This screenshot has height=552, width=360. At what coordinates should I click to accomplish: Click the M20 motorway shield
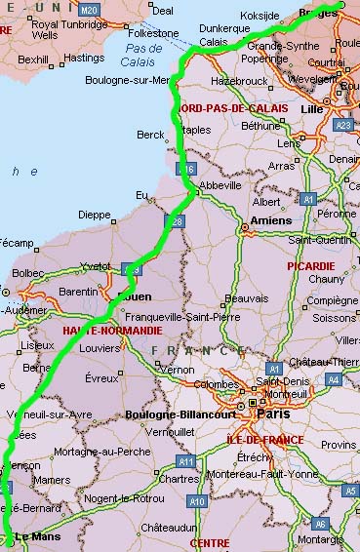[90, 9]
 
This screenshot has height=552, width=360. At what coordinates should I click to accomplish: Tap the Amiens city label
[270, 221]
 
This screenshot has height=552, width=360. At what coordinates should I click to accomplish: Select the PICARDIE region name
[310, 265]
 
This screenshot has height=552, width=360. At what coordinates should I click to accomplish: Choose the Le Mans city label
[40, 535]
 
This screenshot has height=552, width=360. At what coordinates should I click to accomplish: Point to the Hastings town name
[84, 59]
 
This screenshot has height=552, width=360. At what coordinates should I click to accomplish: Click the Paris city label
[272, 413]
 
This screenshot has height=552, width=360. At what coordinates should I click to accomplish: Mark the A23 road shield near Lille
[342, 125]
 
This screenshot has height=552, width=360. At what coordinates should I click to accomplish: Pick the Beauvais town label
[246, 297]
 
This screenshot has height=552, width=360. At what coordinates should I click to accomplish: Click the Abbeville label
[220, 184]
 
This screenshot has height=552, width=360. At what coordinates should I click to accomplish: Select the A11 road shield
[185, 460]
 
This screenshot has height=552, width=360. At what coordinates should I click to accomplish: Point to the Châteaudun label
[168, 527]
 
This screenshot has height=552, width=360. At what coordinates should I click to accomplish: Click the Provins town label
[339, 444]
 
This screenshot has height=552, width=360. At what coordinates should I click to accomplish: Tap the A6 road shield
[319, 524]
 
